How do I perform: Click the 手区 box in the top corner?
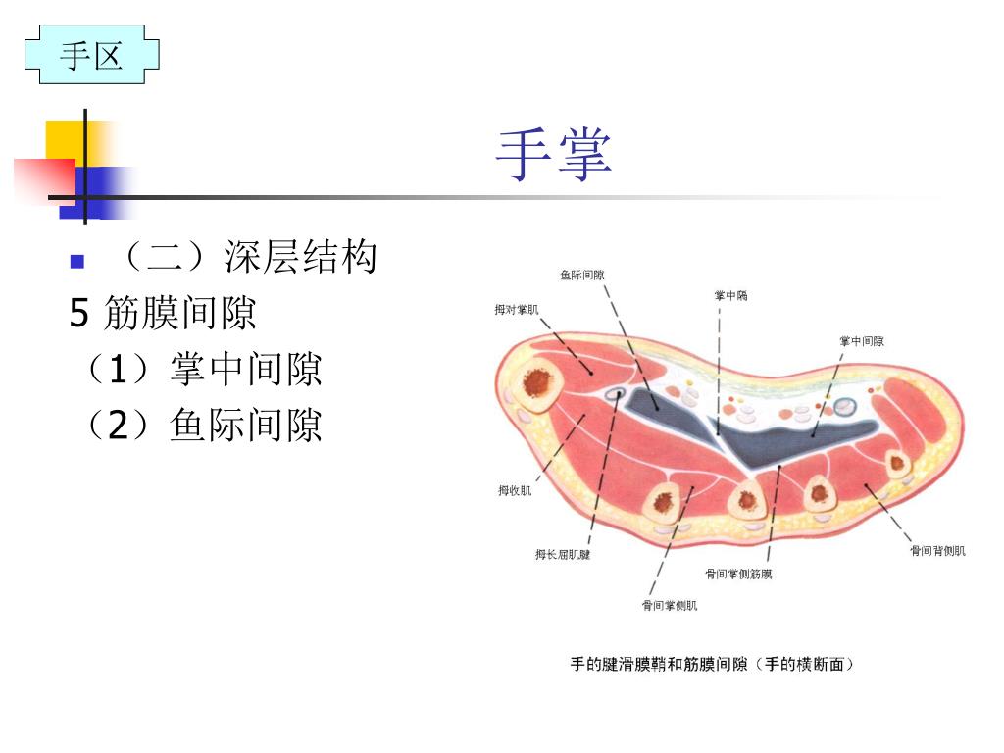coord(91,55)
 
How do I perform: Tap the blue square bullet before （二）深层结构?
coord(77,262)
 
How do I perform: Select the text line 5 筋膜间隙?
coord(163,314)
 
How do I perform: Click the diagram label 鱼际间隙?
coord(582,276)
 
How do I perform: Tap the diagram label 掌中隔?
coord(730,295)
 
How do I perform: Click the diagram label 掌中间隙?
coord(862,341)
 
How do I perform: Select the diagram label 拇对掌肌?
coord(517,310)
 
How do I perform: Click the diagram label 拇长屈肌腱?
coord(563,555)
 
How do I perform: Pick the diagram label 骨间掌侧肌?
coord(670,606)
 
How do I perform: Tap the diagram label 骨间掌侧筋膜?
coord(738,574)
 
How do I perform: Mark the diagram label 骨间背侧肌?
coord(937,551)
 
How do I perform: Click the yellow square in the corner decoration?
coord(61,136)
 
